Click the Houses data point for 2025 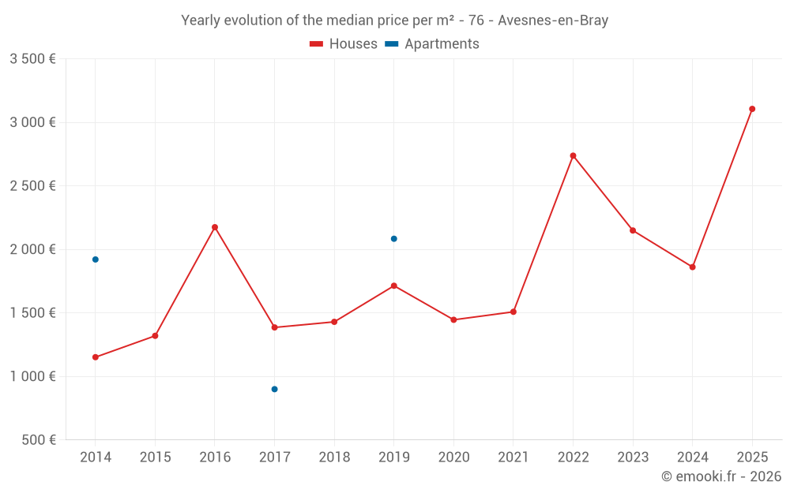point(752,109)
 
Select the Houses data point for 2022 point(573,155)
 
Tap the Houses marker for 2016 point(215,227)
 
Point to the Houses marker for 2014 point(96,357)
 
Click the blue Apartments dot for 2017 point(274,389)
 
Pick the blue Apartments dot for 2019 point(393,238)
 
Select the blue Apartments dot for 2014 point(96,260)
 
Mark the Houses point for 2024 point(692,267)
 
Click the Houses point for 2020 point(453,319)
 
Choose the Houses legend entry point(344,44)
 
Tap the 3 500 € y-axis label point(32,59)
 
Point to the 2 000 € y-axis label point(32,249)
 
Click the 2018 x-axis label point(334,458)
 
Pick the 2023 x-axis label point(632,458)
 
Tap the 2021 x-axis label point(513,458)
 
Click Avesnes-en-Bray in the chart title point(553,21)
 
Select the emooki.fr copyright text point(721,476)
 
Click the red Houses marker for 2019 point(393,286)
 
